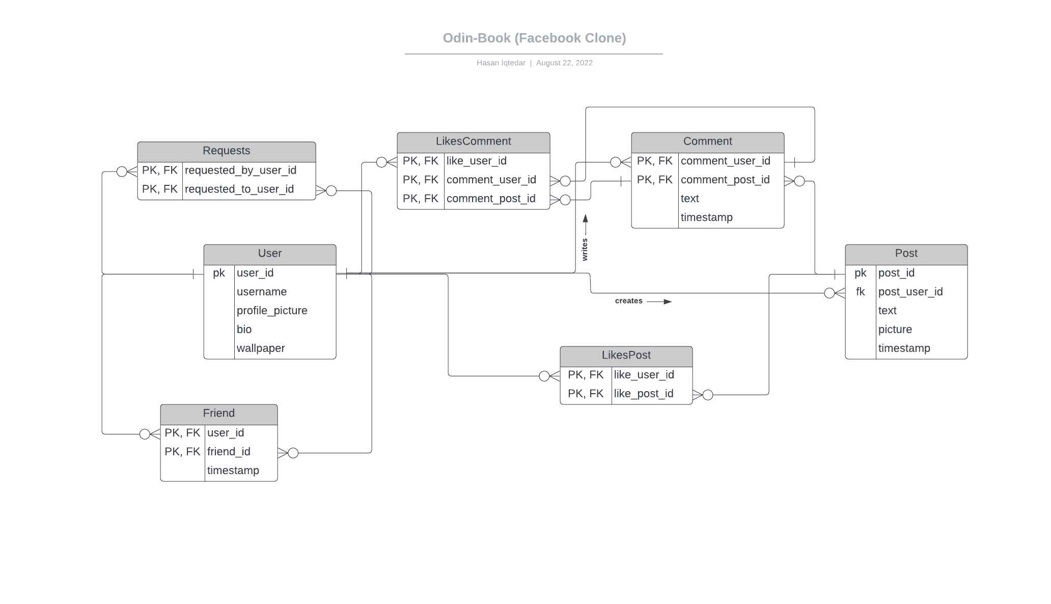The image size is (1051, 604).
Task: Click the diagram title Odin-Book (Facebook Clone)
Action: [534, 38]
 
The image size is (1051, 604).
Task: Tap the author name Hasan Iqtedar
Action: [501, 63]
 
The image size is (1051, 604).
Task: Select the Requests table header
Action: [227, 151]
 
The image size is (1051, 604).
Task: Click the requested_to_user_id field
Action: [239, 189]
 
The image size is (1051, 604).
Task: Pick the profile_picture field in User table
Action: [272, 311]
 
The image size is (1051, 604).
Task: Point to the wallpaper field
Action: [261, 348]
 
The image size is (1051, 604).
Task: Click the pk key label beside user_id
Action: [219, 273]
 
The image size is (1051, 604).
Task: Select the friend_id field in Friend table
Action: [229, 452]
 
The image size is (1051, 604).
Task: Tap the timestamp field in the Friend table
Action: [233, 471]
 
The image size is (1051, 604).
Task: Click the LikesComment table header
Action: [474, 142]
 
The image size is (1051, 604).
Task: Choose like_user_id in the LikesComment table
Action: [477, 161]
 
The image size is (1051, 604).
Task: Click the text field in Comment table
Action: [690, 199]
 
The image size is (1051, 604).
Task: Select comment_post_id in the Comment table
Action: [725, 180]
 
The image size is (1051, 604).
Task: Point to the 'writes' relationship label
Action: [585, 250]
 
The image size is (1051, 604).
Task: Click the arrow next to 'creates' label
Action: [659, 301]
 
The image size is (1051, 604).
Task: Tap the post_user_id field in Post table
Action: [910, 292]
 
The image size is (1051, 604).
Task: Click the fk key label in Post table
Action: [861, 292]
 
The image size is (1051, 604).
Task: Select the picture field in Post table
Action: [895, 330]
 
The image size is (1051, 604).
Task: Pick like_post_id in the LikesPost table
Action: [644, 394]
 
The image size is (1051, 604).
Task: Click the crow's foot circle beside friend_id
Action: [293, 453]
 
